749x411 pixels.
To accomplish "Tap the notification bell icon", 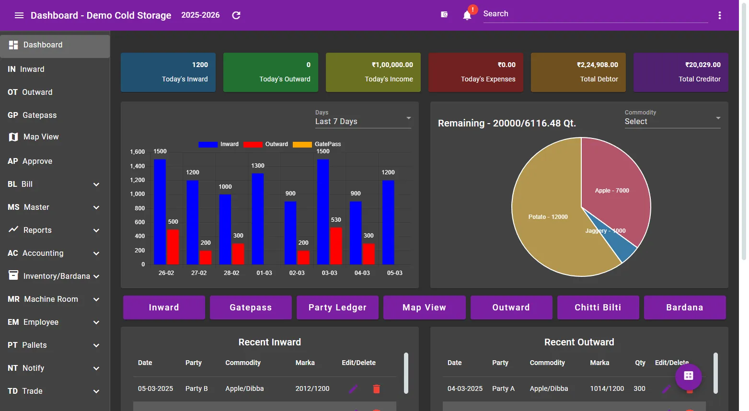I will [467, 15].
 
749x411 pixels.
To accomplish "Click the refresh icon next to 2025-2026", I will [236, 15].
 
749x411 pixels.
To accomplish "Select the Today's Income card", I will [373, 72].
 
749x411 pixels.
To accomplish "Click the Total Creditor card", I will [680, 72].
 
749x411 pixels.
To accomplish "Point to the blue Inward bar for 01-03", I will [258, 219].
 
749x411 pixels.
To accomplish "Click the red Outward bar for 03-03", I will [336, 246].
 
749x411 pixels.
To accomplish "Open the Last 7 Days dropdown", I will [363, 121].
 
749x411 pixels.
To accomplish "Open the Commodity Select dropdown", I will [672, 121].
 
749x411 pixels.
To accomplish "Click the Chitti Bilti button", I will [598, 308].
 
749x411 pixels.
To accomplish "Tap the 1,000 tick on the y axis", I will [137, 194].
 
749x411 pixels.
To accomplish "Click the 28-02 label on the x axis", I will [231, 273].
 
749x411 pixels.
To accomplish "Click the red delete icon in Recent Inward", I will [376, 389].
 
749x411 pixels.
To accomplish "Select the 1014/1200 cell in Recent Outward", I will [607, 388].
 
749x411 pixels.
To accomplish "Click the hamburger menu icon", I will [19, 15].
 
